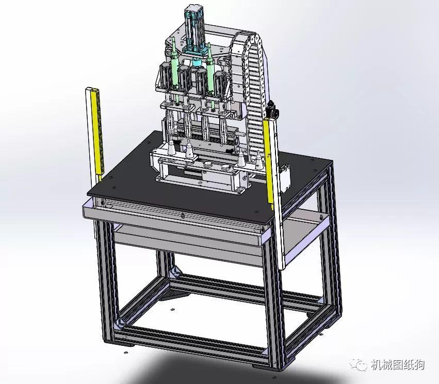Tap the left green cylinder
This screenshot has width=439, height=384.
click(175, 70)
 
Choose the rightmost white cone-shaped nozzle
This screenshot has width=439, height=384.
click(258, 161)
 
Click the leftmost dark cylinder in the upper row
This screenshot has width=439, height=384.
click(165, 74)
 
